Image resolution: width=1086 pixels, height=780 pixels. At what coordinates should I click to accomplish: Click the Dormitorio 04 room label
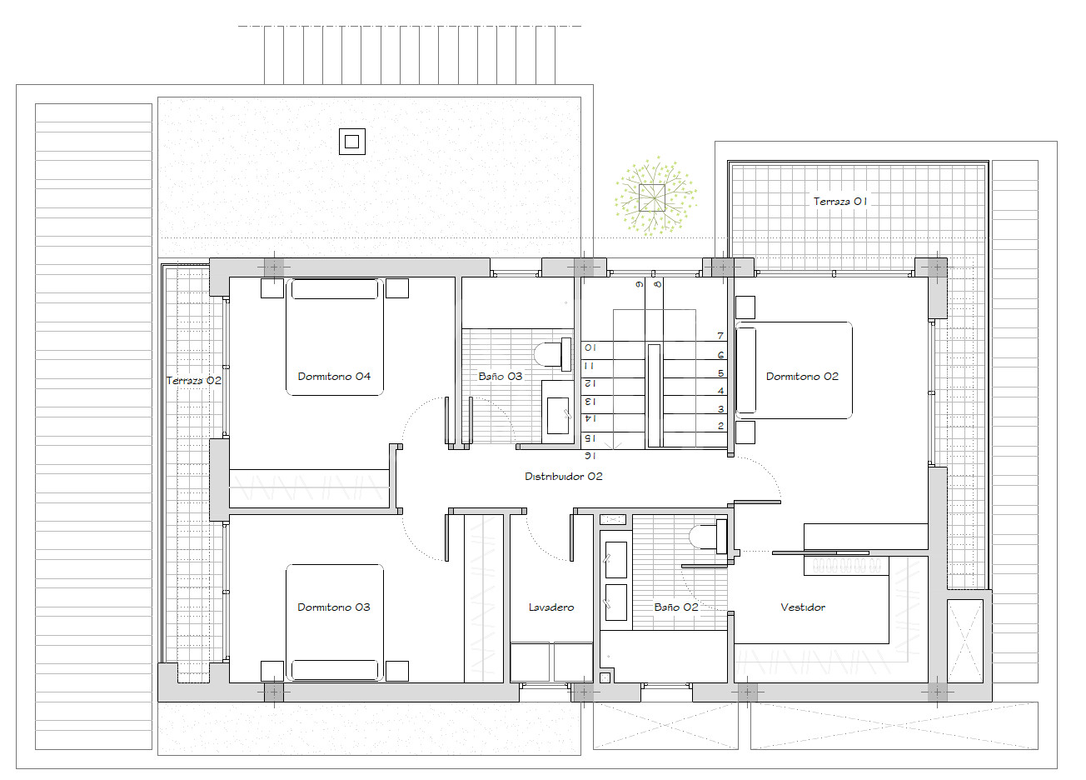pyautogui.click(x=334, y=377)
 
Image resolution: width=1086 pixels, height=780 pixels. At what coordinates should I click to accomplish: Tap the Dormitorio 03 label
pyautogui.click(x=334, y=607)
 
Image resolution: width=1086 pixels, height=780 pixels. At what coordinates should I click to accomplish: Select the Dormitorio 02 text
pyautogui.click(x=802, y=377)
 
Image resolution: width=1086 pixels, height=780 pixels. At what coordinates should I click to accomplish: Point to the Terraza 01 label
pyautogui.click(x=840, y=202)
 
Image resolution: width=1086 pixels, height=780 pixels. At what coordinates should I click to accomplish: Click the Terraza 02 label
pyautogui.click(x=193, y=381)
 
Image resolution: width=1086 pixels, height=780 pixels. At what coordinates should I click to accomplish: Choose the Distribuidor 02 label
pyautogui.click(x=563, y=477)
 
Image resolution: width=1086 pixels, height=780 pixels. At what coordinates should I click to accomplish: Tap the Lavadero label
pyautogui.click(x=551, y=607)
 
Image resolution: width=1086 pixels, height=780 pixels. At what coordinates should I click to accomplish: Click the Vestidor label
pyautogui.click(x=803, y=607)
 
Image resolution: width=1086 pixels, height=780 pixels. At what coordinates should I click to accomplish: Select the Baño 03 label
pyautogui.click(x=501, y=377)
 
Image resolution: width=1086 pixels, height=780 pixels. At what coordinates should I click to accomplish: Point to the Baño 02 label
pyautogui.click(x=676, y=607)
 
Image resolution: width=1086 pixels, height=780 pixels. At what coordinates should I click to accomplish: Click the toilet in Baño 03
pyautogui.click(x=552, y=355)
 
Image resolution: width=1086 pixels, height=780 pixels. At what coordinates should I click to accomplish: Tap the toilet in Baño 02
pyautogui.click(x=708, y=537)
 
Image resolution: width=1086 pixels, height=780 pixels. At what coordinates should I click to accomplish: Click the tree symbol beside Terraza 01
pyautogui.click(x=655, y=197)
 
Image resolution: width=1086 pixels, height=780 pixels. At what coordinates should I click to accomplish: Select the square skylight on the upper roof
pyautogui.click(x=352, y=142)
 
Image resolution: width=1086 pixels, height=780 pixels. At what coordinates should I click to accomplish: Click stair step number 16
pyautogui.click(x=590, y=456)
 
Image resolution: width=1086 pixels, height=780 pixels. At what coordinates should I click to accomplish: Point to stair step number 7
pyautogui.click(x=720, y=336)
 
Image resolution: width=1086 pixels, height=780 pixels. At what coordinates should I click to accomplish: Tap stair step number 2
pyautogui.click(x=720, y=426)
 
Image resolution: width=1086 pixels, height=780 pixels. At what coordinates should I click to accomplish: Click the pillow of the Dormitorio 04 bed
pyautogui.click(x=335, y=290)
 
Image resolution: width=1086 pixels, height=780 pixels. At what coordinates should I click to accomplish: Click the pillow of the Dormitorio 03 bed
pyautogui.click(x=335, y=670)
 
